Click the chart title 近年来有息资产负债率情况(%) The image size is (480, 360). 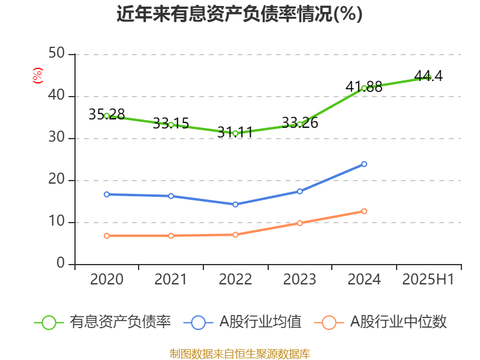239,14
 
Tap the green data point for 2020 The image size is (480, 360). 107,116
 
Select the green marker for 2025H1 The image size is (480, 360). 428,78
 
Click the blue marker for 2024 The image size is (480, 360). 364,164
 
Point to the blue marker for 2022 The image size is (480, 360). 235,205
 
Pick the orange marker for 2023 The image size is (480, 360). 299,223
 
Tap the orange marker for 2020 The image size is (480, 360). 107,236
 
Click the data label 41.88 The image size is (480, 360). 364,86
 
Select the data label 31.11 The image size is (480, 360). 235,132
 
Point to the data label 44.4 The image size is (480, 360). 428,76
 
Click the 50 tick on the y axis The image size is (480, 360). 56,53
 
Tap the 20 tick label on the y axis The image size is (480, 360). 56,179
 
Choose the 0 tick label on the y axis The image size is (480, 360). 61,263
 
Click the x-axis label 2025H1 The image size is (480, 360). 428,279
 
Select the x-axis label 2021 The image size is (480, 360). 170,279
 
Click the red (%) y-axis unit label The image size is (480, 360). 38,76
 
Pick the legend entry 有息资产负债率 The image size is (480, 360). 102,322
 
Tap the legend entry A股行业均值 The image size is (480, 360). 242,322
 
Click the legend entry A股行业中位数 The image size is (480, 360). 380,322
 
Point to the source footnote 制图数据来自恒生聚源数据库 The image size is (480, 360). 240,354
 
